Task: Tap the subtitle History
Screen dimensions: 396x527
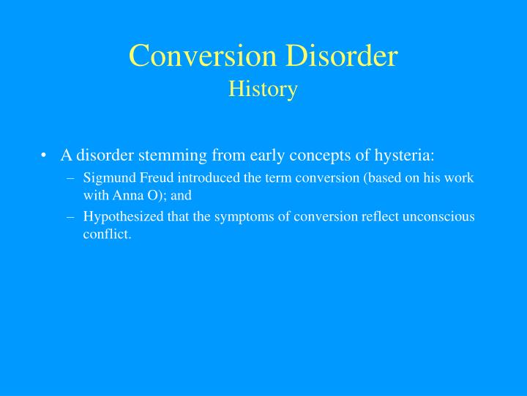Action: pyautogui.click(x=263, y=89)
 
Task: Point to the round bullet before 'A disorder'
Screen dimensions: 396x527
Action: pyautogui.click(x=45, y=155)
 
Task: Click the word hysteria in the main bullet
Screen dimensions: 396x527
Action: pyautogui.click(x=406, y=155)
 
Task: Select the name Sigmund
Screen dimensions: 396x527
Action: pyautogui.click(x=107, y=177)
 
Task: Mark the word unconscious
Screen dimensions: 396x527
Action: pyautogui.click(x=438, y=216)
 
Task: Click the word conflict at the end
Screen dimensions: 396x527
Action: pyautogui.click(x=106, y=235)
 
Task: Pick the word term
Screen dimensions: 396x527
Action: pyautogui.click(x=266, y=177)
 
